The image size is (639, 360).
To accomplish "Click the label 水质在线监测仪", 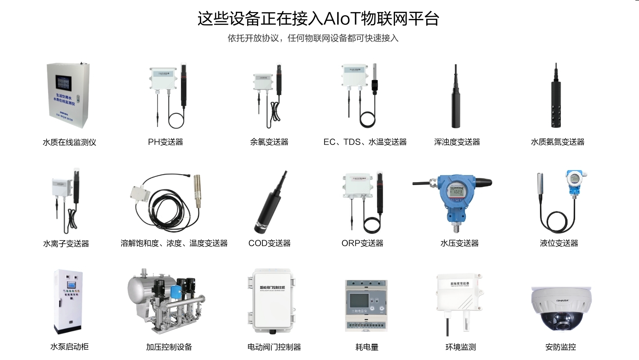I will (x=69, y=142).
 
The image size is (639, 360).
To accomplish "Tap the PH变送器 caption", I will (x=166, y=142).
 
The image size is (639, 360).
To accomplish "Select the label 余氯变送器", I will (x=269, y=142).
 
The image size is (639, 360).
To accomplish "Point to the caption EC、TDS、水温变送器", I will (x=365, y=142).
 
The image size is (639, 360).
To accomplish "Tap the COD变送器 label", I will (x=269, y=243).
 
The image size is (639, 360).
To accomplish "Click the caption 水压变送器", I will (x=459, y=243).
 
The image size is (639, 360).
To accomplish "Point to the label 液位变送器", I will (x=559, y=243).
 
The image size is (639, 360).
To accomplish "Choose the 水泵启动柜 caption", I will (x=69, y=347).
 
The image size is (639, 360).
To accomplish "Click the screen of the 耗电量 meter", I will (x=358, y=300).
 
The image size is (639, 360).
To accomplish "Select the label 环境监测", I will (x=460, y=347).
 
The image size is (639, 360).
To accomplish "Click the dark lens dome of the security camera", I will (x=561, y=319).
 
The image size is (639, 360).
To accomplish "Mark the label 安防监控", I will (x=560, y=347).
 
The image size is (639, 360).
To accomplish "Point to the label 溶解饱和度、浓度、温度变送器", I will (x=174, y=243).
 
